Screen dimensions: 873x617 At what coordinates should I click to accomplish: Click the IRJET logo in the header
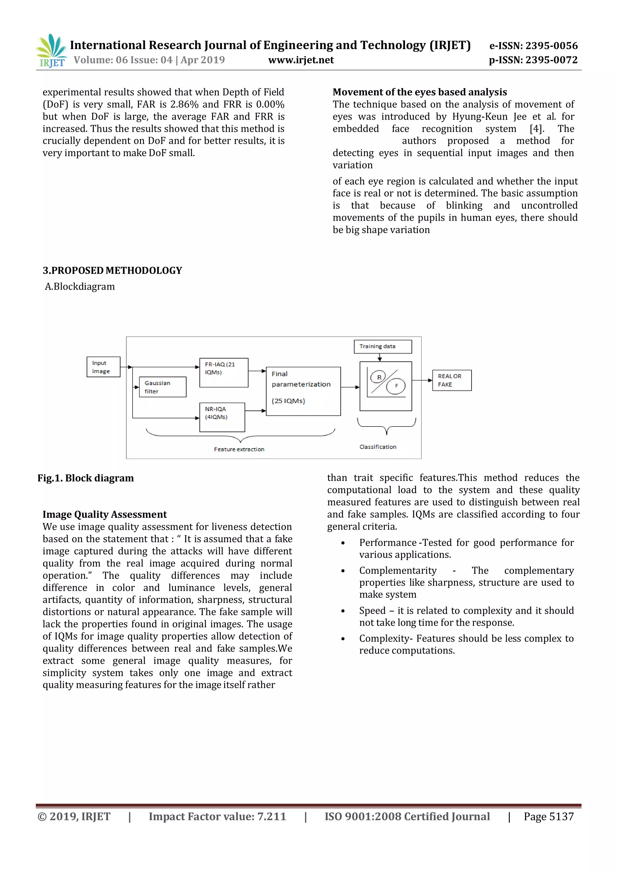coord(51,51)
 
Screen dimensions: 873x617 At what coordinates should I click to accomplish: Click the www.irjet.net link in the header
coord(301,60)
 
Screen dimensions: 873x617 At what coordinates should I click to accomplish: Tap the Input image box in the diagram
coord(103,367)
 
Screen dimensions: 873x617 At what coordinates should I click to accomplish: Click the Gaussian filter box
coord(163,387)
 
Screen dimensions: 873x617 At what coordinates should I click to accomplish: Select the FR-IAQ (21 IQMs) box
coord(224,373)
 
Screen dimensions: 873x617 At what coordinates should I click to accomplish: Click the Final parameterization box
coord(303,391)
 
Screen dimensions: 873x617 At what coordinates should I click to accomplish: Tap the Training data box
coord(383,346)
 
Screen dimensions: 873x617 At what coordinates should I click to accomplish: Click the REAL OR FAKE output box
coord(452,380)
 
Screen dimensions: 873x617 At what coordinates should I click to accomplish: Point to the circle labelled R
coord(379,377)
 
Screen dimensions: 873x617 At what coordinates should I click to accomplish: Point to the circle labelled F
coord(396,386)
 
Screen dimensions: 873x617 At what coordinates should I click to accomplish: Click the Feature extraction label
coord(239,449)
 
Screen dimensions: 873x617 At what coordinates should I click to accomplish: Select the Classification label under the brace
coord(378,447)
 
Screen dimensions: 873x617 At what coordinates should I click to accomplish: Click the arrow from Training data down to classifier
coord(380,358)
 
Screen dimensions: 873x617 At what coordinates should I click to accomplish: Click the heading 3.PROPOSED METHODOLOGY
coord(112,270)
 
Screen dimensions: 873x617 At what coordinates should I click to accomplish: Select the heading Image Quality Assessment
coord(105,515)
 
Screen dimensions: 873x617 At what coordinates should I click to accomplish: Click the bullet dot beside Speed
coord(343,611)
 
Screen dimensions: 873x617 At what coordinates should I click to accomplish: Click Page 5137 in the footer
coord(548,816)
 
